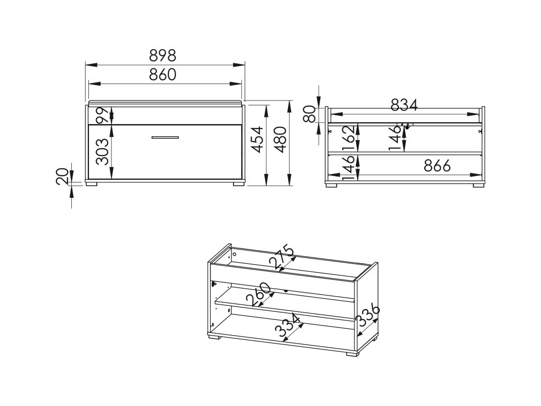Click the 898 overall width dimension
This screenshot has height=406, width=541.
click(163, 55)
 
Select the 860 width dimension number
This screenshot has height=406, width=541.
click(163, 74)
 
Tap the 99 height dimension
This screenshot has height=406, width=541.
click(102, 115)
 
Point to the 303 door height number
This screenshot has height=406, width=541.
click(102, 152)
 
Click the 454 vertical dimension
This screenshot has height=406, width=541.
click(257, 140)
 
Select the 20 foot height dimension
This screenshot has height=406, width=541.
click(62, 177)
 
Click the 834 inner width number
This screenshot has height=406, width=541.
click(404, 105)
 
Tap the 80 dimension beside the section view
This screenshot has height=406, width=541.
click(310, 114)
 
